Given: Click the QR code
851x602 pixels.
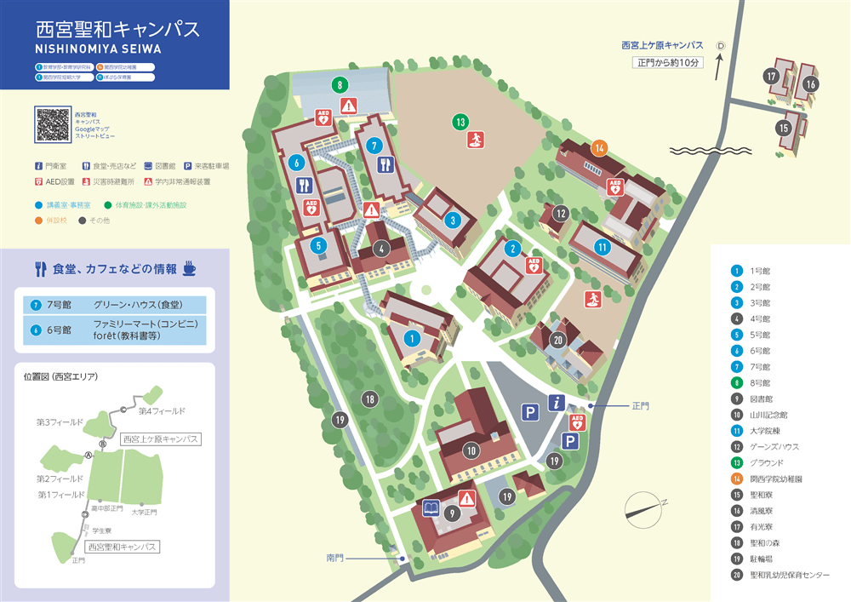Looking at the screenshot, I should [x=53, y=124].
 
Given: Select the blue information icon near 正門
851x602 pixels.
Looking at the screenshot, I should [x=557, y=404].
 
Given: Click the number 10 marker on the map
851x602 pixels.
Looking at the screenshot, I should [x=471, y=450].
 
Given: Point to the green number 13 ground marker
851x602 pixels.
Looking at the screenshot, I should [x=460, y=122].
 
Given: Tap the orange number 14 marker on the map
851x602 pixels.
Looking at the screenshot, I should [x=600, y=147].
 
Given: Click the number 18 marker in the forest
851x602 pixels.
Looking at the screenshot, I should [x=369, y=398].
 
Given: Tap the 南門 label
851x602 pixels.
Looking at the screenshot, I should [x=335, y=558].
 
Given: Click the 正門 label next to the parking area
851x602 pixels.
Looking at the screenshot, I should [x=640, y=406].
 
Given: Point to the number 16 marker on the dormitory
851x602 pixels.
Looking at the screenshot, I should [x=810, y=84].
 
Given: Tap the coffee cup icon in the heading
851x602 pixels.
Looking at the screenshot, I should [x=188, y=268].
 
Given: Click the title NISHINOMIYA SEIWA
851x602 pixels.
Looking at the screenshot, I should [x=93, y=49].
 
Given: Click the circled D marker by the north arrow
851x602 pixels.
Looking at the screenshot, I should [x=720, y=45].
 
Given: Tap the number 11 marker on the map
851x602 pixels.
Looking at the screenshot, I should [x=603, y=247].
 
